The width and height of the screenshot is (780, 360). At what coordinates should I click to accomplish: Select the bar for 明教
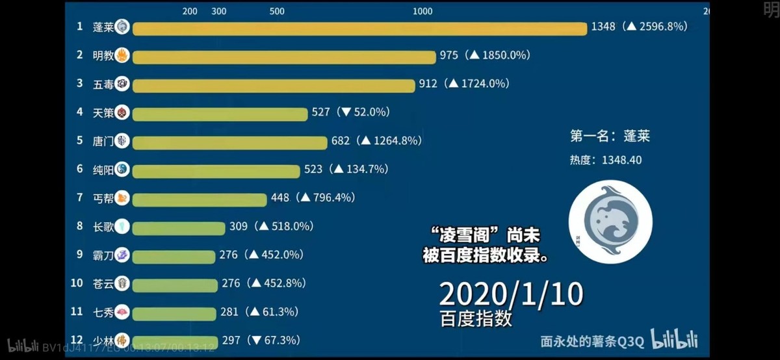pyautogui.click(x=283, y=57)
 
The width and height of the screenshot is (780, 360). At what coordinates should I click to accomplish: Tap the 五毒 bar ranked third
pyautogui.click(x=273, y=85)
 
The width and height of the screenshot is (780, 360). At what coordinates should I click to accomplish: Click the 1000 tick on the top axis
pyautogui.click(x=422, y=11)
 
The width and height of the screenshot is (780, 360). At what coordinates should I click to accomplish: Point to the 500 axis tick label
pyautogui.click(x=277, y=11)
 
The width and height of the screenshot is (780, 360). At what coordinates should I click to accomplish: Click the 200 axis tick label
pyautogui.click(x=190, y=11)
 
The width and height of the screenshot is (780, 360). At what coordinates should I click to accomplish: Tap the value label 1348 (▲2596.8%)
pyautogui.click(x=639, y=27)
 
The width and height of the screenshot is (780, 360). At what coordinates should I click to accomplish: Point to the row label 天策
pyautogui.click(x=103, y=112)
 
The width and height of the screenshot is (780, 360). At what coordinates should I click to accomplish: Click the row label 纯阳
pyautogui.click(x=103, y=170)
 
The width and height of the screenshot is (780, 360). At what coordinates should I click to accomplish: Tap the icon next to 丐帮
pyautogui.click(x=122, y=198)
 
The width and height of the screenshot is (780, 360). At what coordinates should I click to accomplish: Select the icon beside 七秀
pyautogui.click(x=122, y=311)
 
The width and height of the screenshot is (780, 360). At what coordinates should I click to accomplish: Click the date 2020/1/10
pyautogui.click(x=511, y=294)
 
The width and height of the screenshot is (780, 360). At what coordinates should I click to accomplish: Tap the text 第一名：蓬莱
pyautogui.click(x=610, y=136)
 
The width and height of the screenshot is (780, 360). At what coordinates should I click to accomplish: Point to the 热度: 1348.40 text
pyautogui.click(x=606, y=160)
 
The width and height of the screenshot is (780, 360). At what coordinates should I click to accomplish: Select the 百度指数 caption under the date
pyautogui.click(x=475, y=319)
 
